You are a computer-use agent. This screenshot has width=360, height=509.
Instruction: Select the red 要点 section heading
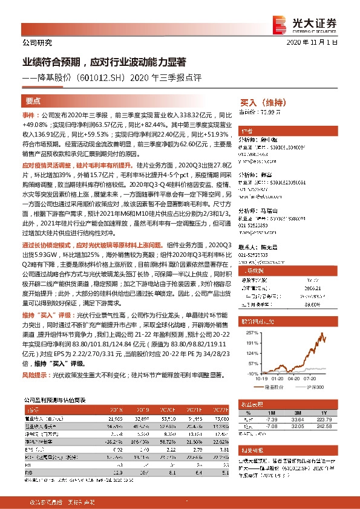33,102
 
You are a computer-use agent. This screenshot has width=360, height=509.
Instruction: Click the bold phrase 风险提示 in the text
36,375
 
